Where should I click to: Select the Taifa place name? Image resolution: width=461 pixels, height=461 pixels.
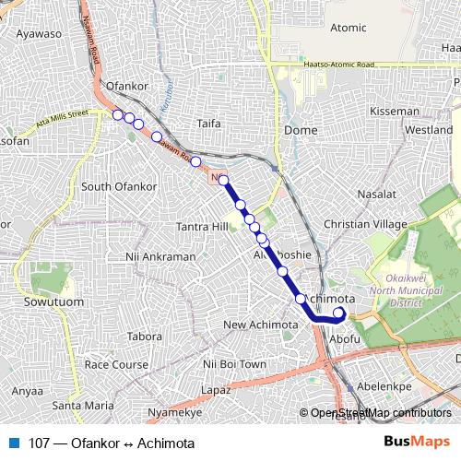coord(210,121)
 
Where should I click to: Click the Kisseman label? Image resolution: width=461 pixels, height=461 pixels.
coord(394,111)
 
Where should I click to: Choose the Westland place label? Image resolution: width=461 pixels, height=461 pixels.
coord(430,131)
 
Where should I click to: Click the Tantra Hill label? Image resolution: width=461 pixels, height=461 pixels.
coord(202,227)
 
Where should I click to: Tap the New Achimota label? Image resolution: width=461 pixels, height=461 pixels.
coord(261,325)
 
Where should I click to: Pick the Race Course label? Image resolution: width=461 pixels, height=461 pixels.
coord(115,365)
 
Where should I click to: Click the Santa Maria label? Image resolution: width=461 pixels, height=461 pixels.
coord(83,405)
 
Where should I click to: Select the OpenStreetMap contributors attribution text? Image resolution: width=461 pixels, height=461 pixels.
coord(380,414)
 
